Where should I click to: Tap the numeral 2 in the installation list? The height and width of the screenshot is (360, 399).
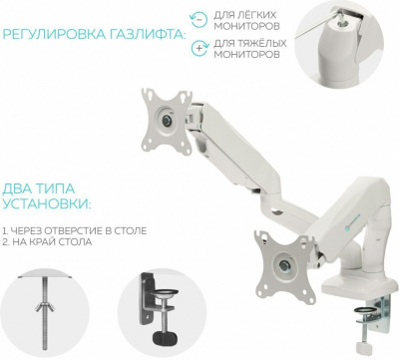tap(7, 243)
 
